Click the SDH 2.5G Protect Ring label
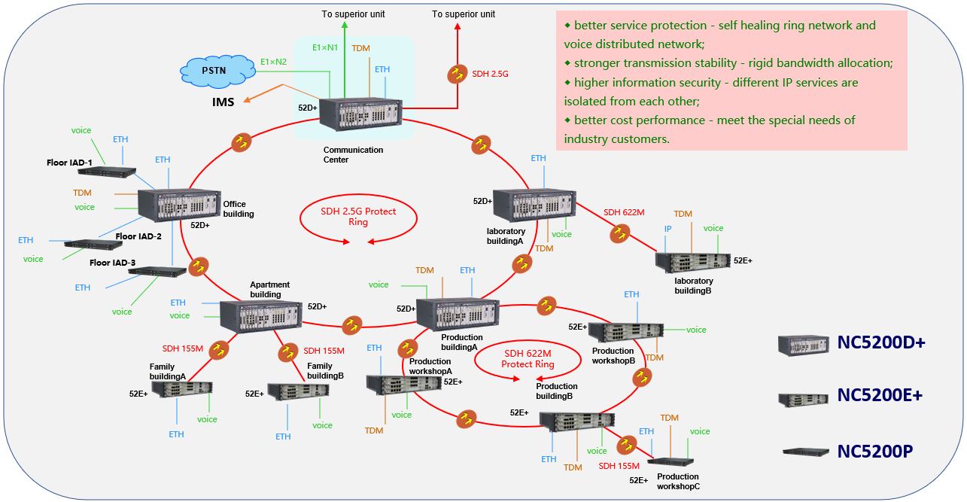[358, 217]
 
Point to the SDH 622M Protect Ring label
[528, 359]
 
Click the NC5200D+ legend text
[881, 343]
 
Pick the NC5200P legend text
[875, 451]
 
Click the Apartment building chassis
[260, 316]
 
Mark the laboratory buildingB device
[692, 261]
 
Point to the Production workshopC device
[671, 461]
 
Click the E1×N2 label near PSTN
[273, 62]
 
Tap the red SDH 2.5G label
[491, 74]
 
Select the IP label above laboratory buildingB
[667, 228]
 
